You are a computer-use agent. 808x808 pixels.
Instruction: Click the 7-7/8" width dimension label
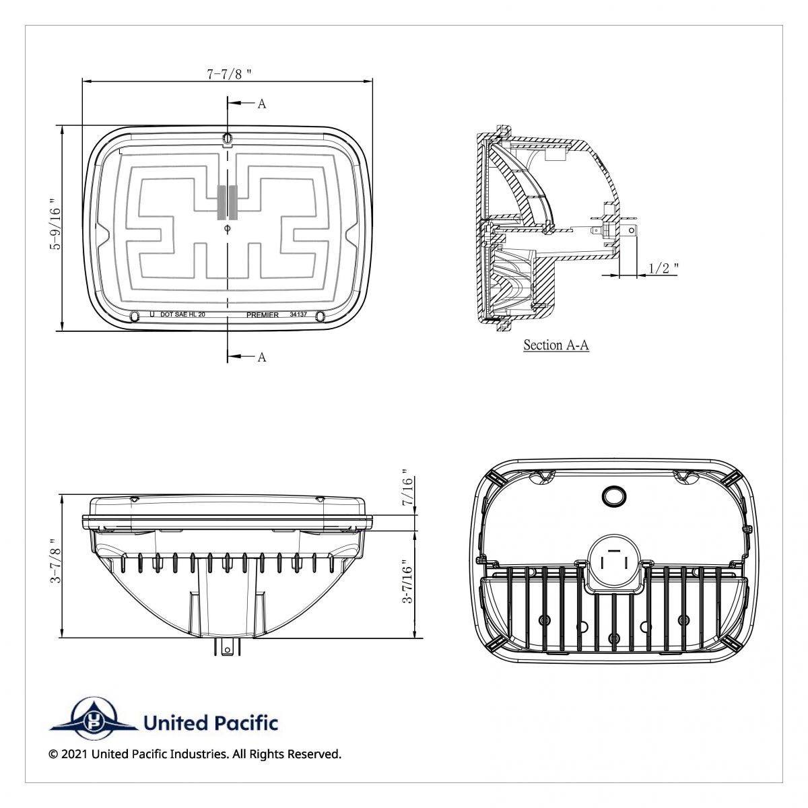pos(229,74)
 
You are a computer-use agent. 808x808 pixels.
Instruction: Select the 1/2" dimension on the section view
pos(663,269)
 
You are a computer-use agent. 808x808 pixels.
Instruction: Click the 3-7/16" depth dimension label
pos(406,582)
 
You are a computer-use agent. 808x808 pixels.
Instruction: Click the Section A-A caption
pos(556,345)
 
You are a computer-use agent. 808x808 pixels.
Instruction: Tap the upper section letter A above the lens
pos(262,104)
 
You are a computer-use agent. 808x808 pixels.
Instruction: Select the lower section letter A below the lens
pos(262,357)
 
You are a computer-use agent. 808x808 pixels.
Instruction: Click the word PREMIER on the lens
pos(262,315)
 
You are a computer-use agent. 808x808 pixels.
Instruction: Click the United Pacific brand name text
pos(211,723)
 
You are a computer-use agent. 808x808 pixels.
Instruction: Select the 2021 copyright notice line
pos(195,754)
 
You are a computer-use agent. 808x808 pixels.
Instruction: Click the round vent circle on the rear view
pos(613,496)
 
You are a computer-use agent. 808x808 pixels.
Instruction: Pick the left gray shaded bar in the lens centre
pos(222,202)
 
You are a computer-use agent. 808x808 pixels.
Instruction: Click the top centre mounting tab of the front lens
pos(228,139)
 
